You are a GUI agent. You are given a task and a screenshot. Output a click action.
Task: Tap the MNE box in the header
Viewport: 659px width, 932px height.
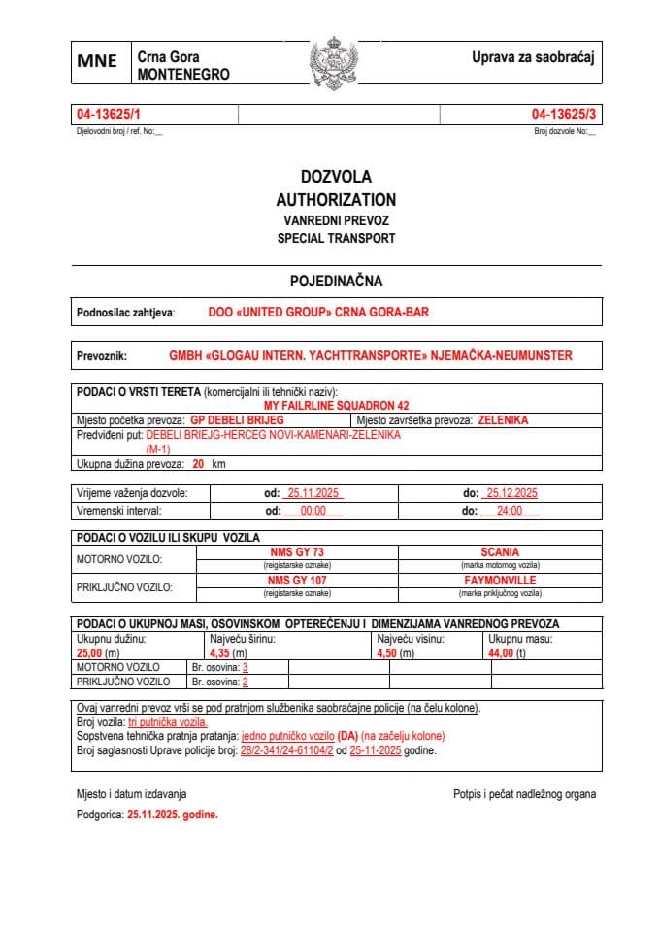(98, 62)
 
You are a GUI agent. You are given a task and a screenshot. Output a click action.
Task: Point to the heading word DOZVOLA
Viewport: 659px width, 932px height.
(336, 177)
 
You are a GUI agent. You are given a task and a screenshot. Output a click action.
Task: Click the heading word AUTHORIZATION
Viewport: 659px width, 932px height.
(336, 199)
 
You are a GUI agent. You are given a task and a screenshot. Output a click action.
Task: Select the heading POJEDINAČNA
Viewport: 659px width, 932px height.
(336, 282)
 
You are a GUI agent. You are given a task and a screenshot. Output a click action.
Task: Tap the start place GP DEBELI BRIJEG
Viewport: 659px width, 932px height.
(237, 420)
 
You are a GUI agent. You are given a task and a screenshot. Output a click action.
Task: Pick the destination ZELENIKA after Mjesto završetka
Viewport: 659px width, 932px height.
(503, 420)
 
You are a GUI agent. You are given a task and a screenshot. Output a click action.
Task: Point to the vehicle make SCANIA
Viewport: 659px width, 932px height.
(500, 551)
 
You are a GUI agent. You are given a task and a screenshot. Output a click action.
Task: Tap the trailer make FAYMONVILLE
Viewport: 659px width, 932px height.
(500, 580)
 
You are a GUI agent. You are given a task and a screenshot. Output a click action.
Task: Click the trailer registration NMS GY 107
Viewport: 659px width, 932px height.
(297, 580)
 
